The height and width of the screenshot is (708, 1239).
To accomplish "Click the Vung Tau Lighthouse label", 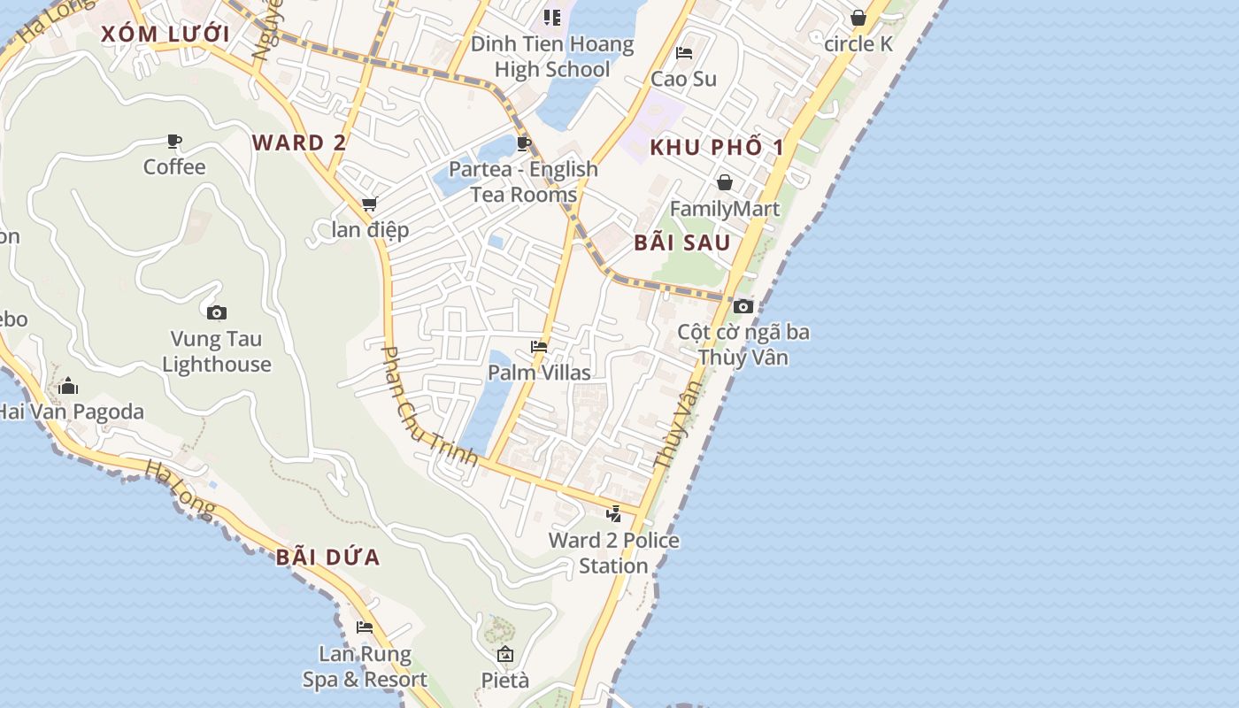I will pyautogui.click(x=217, y=351).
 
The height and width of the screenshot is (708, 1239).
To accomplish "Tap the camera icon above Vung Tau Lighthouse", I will pyautogui.click(x=217, y=312).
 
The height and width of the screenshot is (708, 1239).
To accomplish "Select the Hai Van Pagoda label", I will pyautogui.click(x=71, y=412).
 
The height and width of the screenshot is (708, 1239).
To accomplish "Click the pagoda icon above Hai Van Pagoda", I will pyautogui.click(x=68, y=386).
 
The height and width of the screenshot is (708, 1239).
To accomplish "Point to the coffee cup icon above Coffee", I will pyautogui.click(x=174, y=141).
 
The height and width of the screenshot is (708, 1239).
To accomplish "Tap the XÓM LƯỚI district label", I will pyautogui.click(x=165, y=35).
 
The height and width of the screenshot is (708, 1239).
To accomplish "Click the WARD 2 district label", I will pyautogui.click(x=299, y=142).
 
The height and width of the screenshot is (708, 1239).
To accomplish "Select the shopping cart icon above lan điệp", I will pyautogui.click(x=369, y=204).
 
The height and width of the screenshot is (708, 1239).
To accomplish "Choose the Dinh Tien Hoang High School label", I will pyautogui.click(x=552, y=57).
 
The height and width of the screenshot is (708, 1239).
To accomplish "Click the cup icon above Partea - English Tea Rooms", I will pyautogui.click(x=524, y=143).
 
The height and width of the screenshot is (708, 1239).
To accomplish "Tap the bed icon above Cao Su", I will pyautogui.click(x=683, y=53).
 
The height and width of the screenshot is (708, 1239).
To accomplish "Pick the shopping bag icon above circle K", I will pyautogui.click(x=858, y=18).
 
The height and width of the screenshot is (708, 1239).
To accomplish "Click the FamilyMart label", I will pyautogui.click(x=725, y=209).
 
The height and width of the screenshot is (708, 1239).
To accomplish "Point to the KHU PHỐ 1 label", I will pyautogui.click(x=717, y=147).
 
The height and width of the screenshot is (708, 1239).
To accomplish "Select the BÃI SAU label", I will pyautogui.click(x=682, y=242).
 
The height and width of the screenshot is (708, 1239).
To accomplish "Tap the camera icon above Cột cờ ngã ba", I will pyautogui.click(x=743, y=306).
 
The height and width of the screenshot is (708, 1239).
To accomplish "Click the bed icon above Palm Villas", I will pyautogui.click(x=539, y=347).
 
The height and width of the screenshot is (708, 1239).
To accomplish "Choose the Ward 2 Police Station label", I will pyautogui.click(x=613, y=552).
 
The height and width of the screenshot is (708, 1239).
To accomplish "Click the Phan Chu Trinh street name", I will pyautogui.click(x=428, y=407).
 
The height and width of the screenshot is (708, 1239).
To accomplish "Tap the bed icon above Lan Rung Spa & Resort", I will pyautogui.click(x=365, y=627).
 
